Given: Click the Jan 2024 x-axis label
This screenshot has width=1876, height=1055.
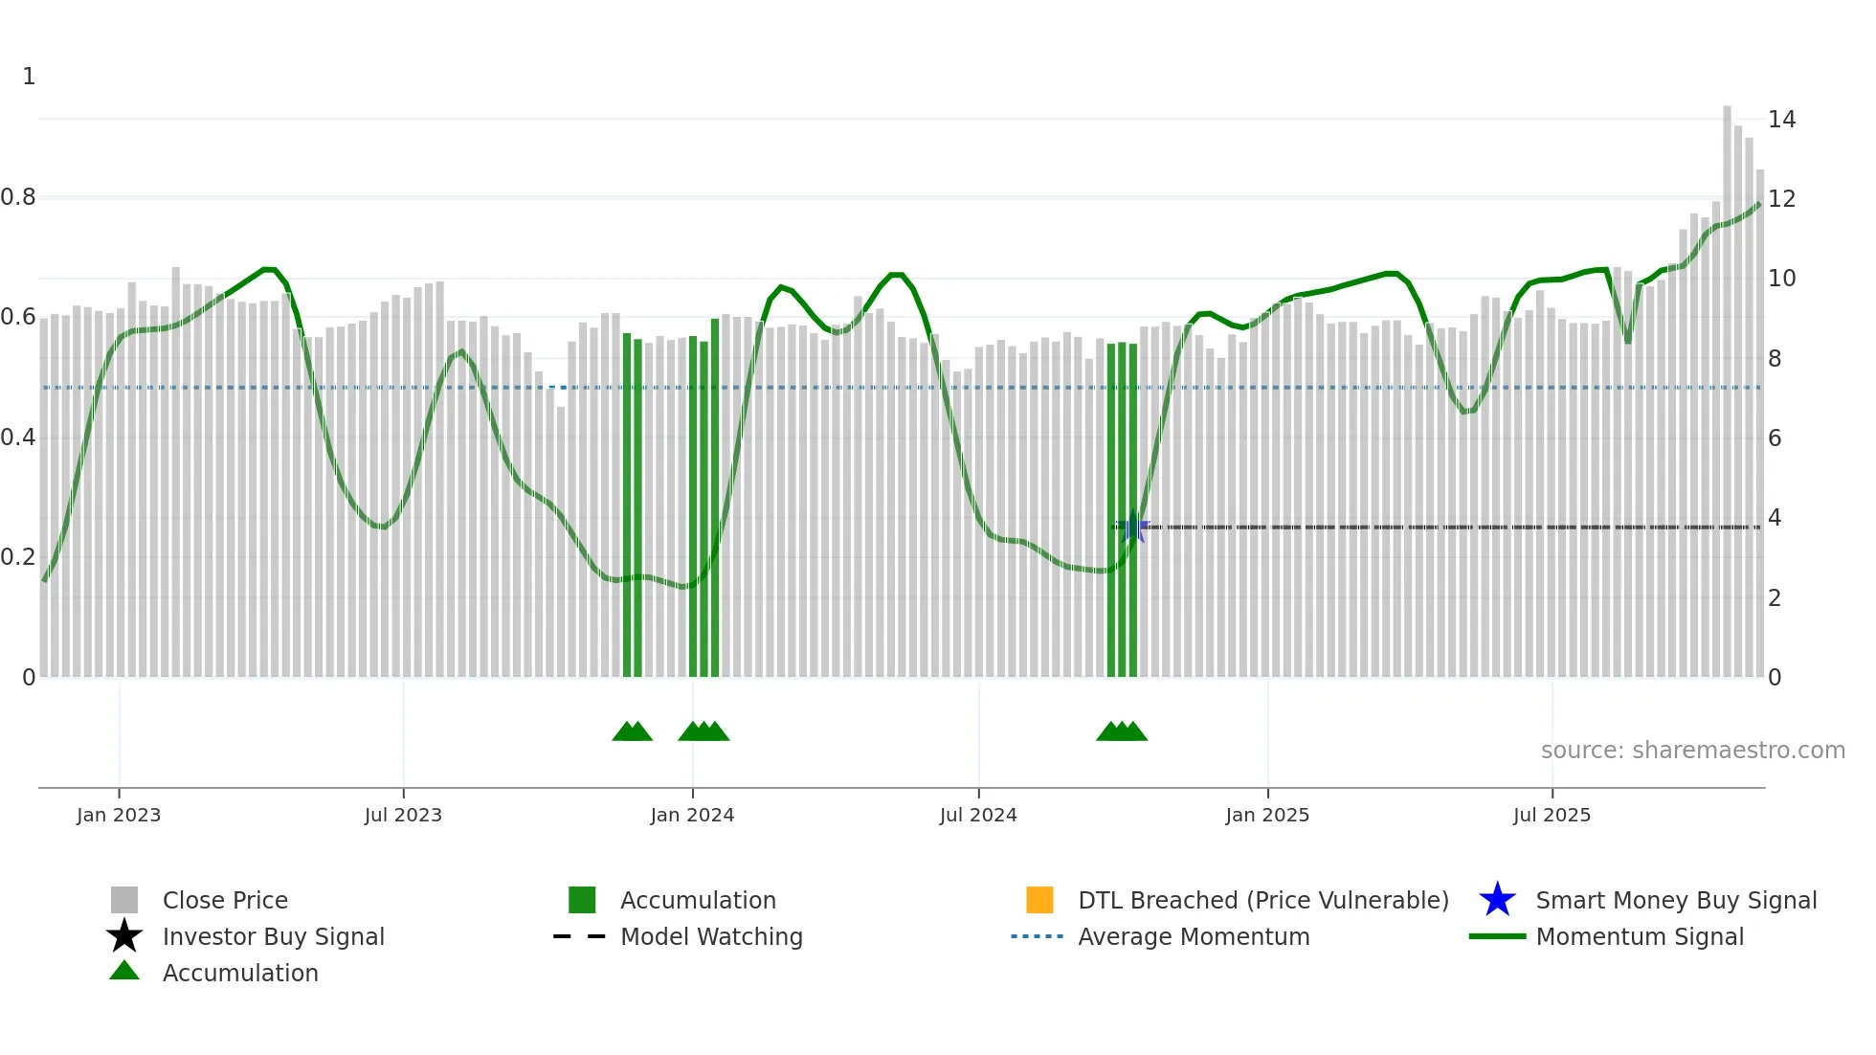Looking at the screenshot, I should coord(692,815).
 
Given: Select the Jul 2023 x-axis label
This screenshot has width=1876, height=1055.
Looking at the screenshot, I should coord(403,815).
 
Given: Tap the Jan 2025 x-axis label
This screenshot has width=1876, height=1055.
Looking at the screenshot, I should coord(1267,815).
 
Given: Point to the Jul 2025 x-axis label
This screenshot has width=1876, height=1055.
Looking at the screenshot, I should coord(1552,815).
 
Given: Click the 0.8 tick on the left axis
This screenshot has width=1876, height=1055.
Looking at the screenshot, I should coord(18,197).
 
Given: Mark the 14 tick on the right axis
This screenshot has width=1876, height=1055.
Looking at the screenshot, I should coord(1781,120).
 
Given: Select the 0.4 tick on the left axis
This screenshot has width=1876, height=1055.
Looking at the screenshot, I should coord(18,438).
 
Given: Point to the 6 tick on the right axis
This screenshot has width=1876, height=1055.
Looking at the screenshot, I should coord(1775,438).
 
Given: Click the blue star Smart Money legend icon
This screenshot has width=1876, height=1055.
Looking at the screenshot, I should coord(1497,900).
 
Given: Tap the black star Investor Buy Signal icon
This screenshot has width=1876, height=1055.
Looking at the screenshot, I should coord(124,936).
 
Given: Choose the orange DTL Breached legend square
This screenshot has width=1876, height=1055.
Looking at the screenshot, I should coord(1039,900).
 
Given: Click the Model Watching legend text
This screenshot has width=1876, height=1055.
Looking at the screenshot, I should coord(711,936).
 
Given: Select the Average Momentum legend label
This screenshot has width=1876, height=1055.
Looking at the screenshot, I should coord(1194,936).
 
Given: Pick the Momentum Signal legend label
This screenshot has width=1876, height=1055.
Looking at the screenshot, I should coord(1640,936).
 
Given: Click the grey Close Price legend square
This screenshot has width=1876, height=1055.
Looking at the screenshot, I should coord(124,900).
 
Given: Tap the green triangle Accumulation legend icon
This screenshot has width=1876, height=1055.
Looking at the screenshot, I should coord(124,971).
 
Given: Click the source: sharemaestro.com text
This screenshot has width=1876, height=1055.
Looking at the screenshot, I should coord(1692,750).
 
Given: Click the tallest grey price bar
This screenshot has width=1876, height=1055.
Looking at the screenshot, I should coord(1727,383).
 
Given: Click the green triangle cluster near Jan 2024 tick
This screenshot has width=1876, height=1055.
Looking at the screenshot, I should coord(703,731).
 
